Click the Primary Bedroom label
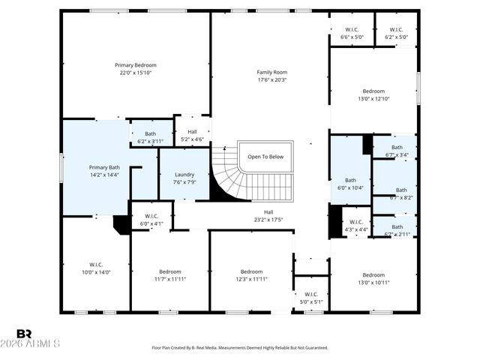[135, 65]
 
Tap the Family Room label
[272, 72]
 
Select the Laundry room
[184, 174]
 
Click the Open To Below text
[265, 157]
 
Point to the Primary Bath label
[104, 167]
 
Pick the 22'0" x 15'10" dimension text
[135, 73]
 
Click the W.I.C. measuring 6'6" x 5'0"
[352, 32]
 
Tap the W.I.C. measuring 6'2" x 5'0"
[396, 32]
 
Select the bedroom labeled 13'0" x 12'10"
[373, 94]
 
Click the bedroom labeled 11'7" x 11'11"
[169, 275]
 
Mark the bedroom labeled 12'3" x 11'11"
[251, 275]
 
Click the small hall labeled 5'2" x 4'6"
[193, 135]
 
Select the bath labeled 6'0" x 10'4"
[350, 184]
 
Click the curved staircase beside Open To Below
[225, 176]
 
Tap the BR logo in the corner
[24, 334]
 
